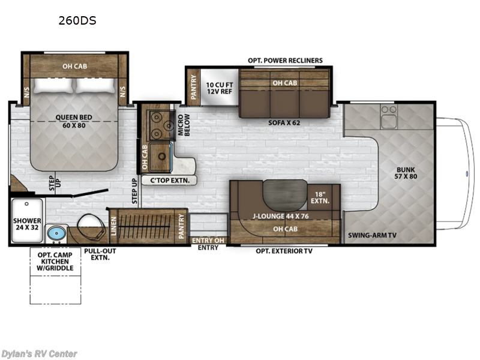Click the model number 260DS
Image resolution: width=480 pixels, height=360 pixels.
(77, 21)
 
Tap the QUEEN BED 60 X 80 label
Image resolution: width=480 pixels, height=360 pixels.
(74, 121)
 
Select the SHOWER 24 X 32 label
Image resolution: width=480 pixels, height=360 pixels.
(27, 224)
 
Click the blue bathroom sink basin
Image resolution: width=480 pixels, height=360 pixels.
(56, 233)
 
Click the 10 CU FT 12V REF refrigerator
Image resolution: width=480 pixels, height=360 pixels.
(220, 88)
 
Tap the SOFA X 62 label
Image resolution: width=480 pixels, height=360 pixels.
(284, 123)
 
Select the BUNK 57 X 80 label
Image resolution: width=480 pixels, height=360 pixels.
(406, 173)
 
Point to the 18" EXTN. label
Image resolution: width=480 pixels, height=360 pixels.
(320, 198)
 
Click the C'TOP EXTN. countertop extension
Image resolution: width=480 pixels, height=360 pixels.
(169, 181)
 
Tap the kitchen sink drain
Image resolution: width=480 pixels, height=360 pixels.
(162, 157)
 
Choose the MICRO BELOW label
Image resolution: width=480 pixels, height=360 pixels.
(184, 125)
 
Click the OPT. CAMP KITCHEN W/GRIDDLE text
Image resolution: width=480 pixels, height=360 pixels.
(55, 262)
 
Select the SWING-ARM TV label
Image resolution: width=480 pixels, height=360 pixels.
(372, 235)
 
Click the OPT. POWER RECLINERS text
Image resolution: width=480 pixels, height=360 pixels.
(286, 61)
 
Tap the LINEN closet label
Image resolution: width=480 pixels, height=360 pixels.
(113, 226)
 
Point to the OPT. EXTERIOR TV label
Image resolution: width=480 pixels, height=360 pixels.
(284, 251)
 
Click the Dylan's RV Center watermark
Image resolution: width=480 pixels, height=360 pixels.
(39, 354)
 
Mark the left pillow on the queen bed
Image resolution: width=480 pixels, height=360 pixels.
(53, 86)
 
